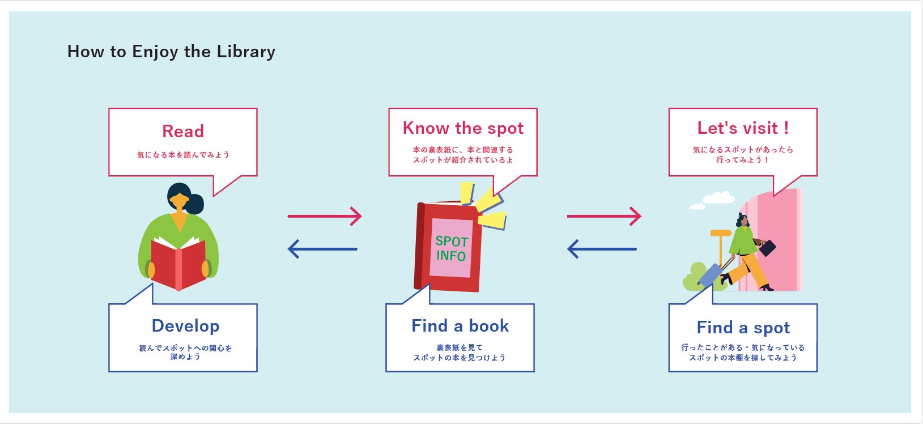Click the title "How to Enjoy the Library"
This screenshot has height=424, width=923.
pos(171,52)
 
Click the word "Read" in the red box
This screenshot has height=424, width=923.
pos(183,132)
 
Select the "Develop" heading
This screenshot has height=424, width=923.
pos(185,326)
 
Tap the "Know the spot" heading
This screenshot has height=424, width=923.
pos(463,128)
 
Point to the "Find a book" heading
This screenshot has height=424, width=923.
pos(460,326)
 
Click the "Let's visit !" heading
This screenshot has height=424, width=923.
pos(743,128)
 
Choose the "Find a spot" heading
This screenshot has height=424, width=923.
pos(743,328)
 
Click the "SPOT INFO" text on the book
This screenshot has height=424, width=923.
pos(452,249)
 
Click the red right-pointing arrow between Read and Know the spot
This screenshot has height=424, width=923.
pos(325,216)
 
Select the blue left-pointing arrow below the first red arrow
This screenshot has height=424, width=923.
pos(322,249)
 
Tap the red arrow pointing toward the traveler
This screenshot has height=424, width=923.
pos(604,216)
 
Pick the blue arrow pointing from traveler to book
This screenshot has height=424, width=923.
pos(602,249)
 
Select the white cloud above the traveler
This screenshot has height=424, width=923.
pos(718,198)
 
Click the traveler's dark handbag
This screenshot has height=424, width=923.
pos(768,248)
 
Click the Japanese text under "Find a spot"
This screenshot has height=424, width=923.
pos(743,353)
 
